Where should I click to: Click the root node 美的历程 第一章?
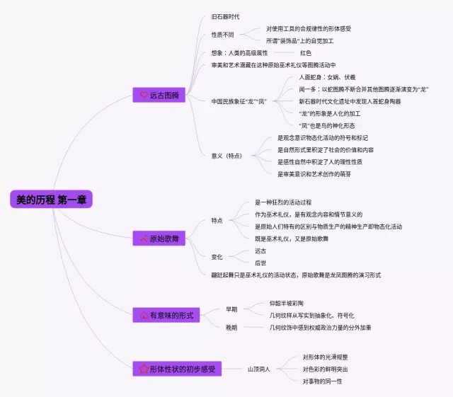[51, 200]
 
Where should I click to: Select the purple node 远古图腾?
[159, 94]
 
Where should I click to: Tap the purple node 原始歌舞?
[159, 239]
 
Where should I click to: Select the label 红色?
[305, 53]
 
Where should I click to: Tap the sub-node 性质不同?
[224, 35]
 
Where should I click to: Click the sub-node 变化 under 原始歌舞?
[217, 257]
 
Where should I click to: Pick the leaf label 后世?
[261, 263]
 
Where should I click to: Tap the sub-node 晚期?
[231, 328]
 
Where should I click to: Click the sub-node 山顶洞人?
[260, 369]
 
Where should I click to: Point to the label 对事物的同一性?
[322, 381]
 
